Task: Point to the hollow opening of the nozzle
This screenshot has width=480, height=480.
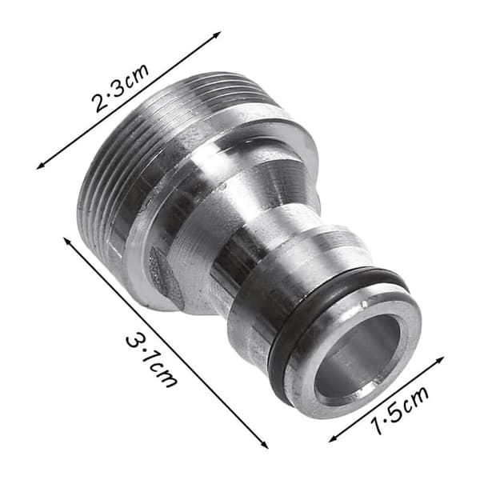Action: point(358,360)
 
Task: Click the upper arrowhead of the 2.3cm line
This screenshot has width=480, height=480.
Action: point(218,34)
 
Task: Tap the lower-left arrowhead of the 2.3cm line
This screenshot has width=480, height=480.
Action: point(40,166)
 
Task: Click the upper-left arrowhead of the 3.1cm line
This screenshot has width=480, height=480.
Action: point(67,241)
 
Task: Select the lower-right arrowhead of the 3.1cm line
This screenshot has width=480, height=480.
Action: point(265,445)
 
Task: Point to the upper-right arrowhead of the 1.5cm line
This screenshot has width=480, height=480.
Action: point(440,359)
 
